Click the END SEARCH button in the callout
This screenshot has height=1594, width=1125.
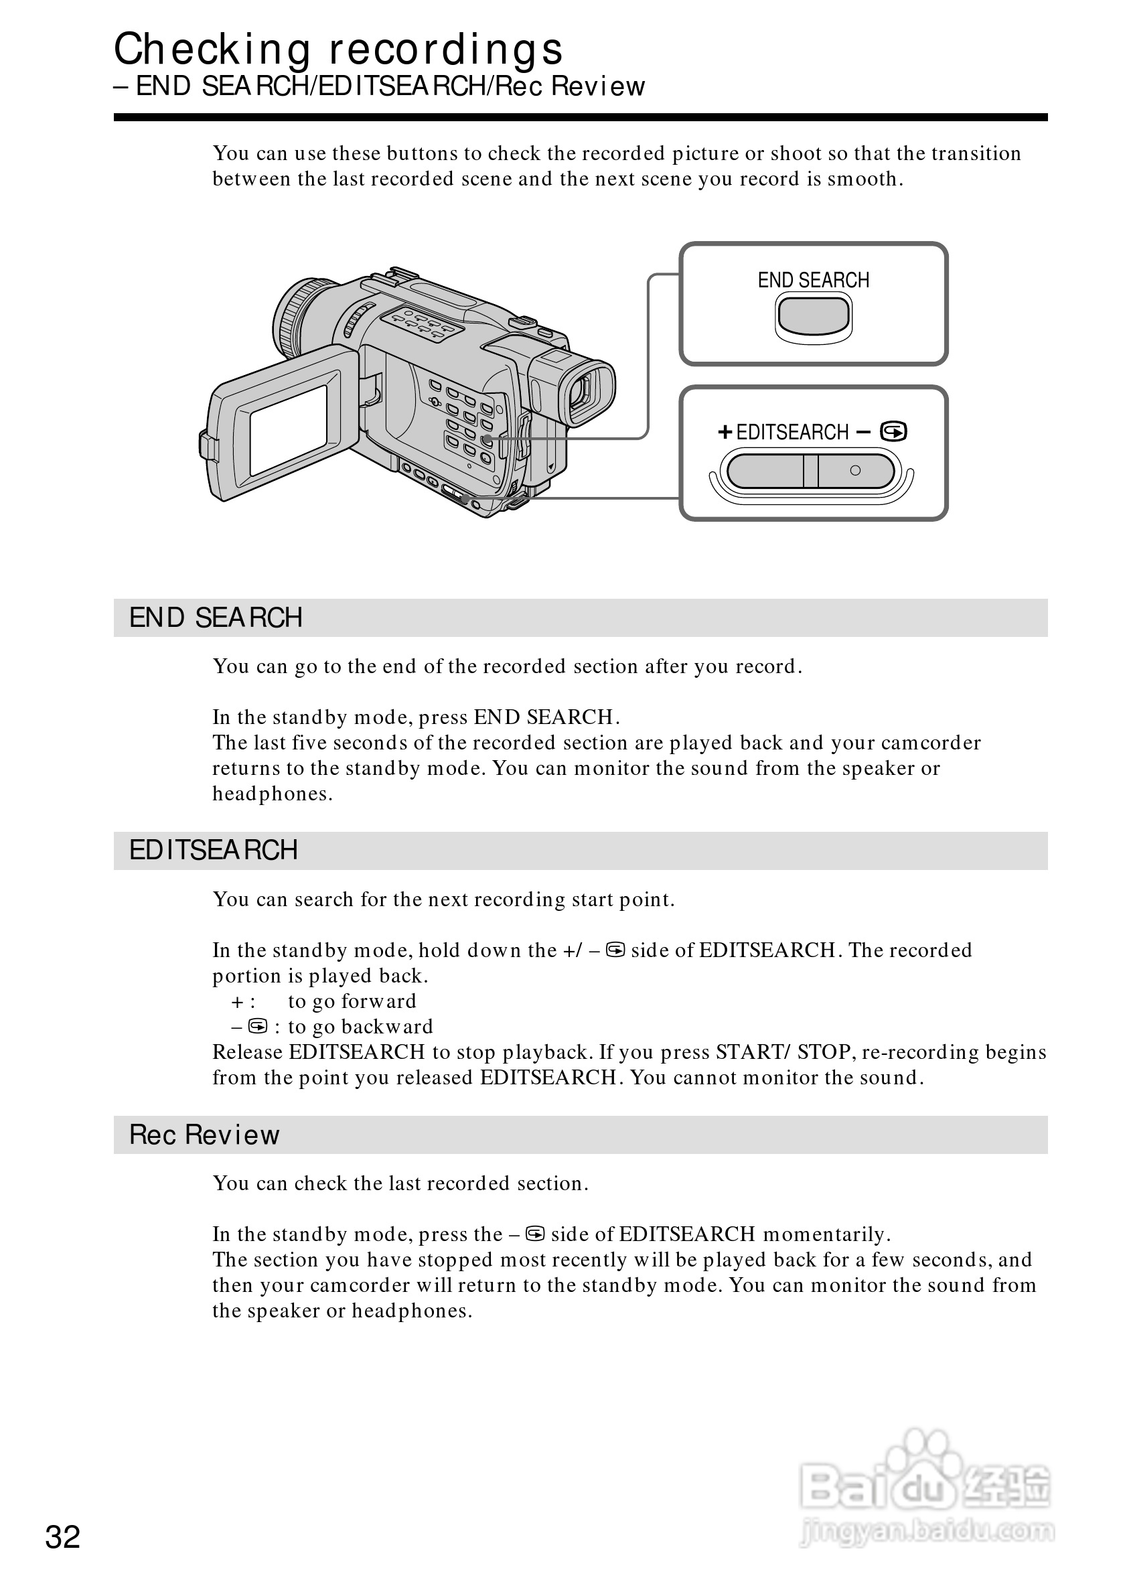814,317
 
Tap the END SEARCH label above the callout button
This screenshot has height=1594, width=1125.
814,281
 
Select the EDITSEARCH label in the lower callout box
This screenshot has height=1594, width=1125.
792,433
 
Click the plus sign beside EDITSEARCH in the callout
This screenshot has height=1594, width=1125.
725,433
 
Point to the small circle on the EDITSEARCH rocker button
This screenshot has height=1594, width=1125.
855,471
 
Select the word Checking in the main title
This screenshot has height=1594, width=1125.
212,50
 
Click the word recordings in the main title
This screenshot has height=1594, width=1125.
445,50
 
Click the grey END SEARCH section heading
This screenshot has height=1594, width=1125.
216,618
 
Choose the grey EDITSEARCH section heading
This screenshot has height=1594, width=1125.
213,851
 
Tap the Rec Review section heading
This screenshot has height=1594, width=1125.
204,1135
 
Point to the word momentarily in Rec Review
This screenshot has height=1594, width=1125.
826,1234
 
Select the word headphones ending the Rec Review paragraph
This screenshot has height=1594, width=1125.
411,1311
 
